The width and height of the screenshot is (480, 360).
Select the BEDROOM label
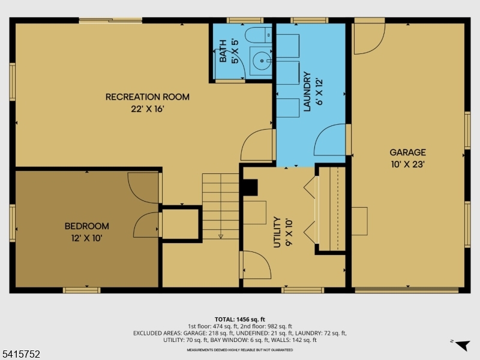[x=87, y=226]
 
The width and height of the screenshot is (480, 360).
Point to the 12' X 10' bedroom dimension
[x=87, y=238]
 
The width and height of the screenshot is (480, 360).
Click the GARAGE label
[x=407, y=152]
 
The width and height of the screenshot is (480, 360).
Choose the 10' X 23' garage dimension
[x=407, y=164]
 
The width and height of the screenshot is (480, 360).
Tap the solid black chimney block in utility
[x=248, y=188]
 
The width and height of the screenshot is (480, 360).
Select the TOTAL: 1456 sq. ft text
[x=240, y=319]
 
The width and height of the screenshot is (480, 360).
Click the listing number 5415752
[x=21, y=355]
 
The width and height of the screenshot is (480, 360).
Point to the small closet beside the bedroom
[x=181, y=223]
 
